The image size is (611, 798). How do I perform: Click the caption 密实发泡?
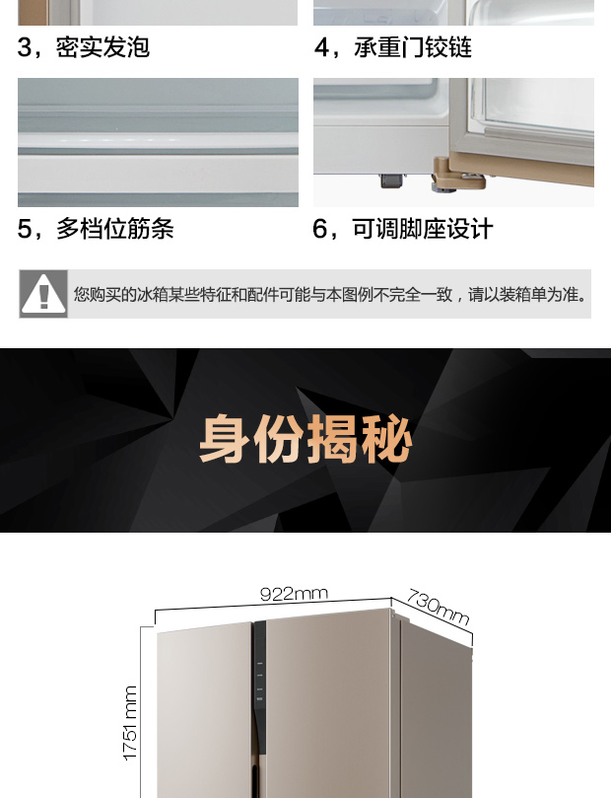point(103,47)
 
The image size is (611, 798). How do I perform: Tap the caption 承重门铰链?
point(413,47)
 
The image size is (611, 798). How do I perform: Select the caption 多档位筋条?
point(115,229)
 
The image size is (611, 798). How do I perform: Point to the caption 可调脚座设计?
point(423,229)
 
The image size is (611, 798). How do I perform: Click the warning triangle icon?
point(43,294)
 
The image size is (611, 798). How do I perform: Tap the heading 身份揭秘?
point(305,439)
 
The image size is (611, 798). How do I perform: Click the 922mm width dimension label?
point(294,594)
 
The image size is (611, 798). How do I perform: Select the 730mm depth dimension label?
point(439,606)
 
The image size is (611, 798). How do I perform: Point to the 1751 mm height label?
point(130,723)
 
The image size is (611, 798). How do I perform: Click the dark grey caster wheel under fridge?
point(390,181)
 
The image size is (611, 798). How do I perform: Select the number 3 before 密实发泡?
point(25,47)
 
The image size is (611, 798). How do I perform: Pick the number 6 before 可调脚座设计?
point(320,229)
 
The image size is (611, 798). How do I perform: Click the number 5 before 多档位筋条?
point(25,229)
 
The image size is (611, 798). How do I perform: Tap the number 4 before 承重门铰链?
point(322,47)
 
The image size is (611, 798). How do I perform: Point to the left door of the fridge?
point(204,712)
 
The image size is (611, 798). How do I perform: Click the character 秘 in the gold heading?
point(385,439)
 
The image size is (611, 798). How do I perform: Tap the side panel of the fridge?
point(435,712)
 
